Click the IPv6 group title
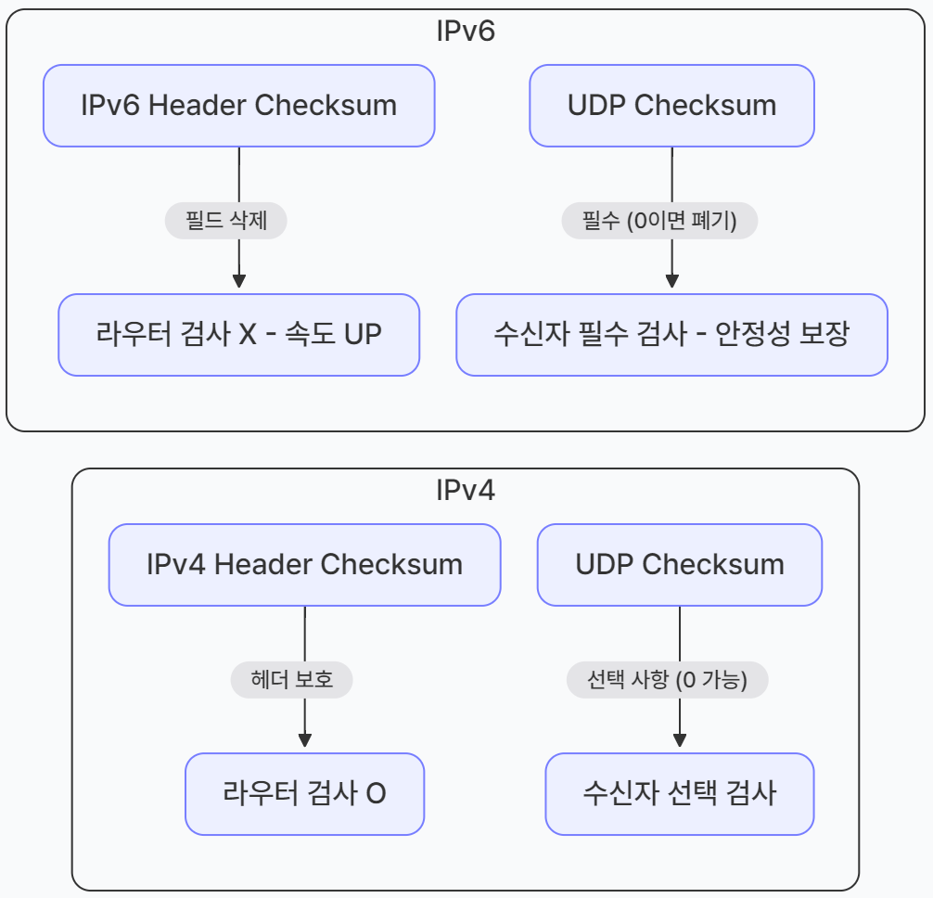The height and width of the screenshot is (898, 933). (x=466, y=31)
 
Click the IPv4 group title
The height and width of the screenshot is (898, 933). (x=466, y=490)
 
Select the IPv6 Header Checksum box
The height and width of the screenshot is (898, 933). (x=238, y=106)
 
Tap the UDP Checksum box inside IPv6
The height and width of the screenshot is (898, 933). (x=671, y=106)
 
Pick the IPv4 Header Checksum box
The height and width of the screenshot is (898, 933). (x=304, y=565)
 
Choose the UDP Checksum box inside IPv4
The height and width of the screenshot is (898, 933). (x=680, y=565)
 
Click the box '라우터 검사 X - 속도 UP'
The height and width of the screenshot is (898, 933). (x=238, y=335)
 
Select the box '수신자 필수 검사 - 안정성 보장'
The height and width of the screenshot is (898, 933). (x=671, y=335)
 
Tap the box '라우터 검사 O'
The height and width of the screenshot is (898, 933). (x=304, y=794)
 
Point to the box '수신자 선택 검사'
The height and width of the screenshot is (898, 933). (x=680, y=794)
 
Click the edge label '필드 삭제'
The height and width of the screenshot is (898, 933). (x=225, y=222)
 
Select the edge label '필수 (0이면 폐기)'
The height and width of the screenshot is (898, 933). (x=659, y=222)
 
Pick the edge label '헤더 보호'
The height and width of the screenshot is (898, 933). (x=292, y=681)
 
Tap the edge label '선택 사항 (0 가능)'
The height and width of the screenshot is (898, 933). (x=668, y=681)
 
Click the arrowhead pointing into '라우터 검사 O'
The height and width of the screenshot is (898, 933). (x=304, y=740)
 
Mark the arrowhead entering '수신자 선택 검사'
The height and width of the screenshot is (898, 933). (x=680, y=740)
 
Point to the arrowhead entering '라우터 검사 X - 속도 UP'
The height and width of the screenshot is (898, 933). (x=238, y=281)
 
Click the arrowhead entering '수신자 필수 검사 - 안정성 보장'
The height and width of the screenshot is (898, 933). (x=671, y=281)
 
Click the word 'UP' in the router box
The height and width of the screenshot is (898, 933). (x=363, y=335)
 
